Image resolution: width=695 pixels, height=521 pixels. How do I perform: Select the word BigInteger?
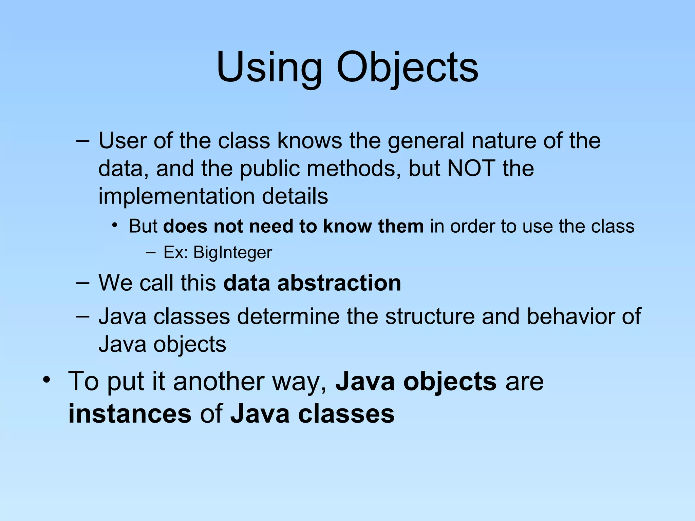(233, 252)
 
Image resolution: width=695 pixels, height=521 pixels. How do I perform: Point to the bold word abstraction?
(339, 283)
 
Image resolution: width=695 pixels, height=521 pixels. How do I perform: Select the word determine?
(288, 316)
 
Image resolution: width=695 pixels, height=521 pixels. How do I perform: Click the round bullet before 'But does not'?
(115, 225)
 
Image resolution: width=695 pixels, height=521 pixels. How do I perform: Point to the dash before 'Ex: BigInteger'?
(150, 252)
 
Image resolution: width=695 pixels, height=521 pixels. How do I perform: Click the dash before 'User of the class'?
(83, 140)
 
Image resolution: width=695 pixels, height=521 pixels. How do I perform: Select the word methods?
(351, 168)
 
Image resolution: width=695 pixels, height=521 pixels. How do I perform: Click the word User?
(123, 140)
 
